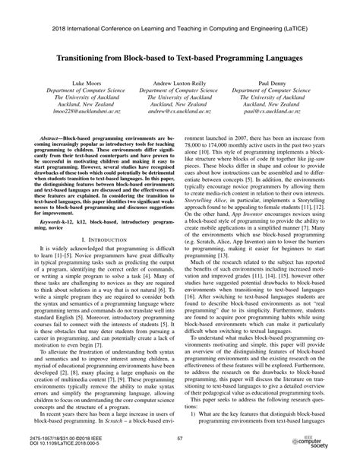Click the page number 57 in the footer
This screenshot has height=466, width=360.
point(180,438)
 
